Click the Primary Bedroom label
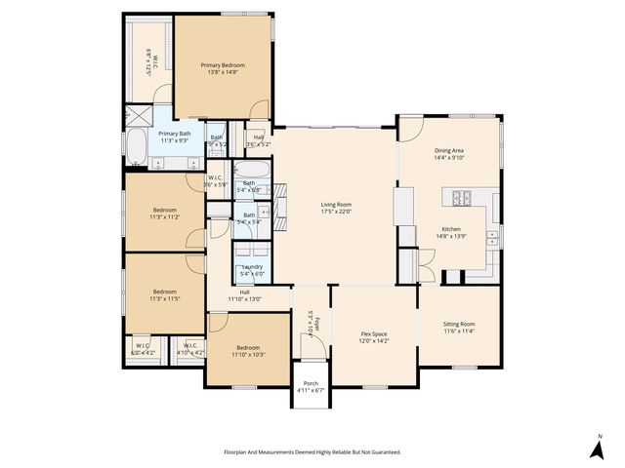[x=223, y=65]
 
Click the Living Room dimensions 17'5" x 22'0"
[x=336, y=214]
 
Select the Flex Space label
[x=375, y=334]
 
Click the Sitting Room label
[x=459, y=324]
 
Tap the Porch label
[x=311, y=383]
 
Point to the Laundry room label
[x=251, y=267]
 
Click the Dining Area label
[x=449, y=151]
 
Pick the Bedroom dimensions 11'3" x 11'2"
[x=164, y=216]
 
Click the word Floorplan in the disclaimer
[x=239, y=452]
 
